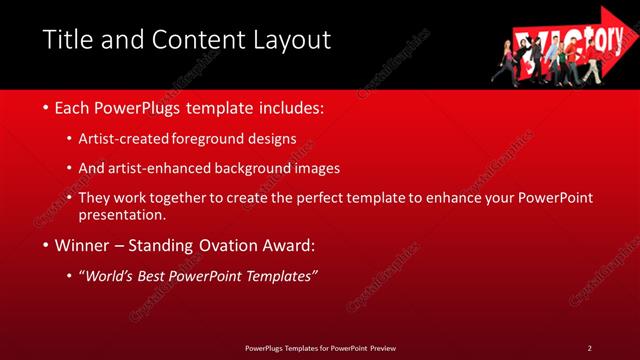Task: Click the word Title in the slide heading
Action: tap(66, 40)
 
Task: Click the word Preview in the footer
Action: tap(388, 347)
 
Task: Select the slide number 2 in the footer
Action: tap(589, 347)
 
